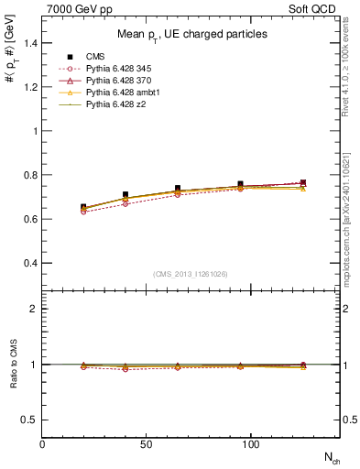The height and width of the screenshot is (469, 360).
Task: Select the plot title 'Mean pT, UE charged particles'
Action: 192,34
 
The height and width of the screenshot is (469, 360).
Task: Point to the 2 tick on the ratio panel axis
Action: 34,309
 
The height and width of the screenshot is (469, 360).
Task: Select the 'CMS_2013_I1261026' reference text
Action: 191,274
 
